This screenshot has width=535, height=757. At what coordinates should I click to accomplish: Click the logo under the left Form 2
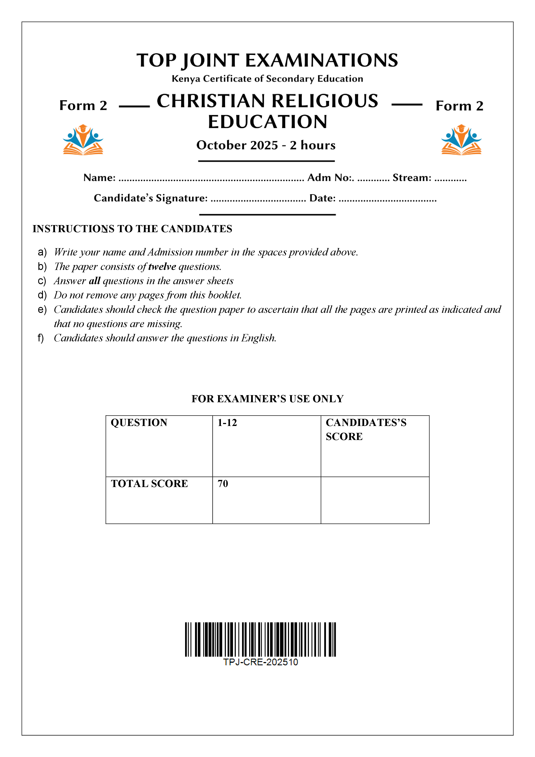tap(83, 140)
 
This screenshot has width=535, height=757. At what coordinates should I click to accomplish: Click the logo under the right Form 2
tap(461, 140)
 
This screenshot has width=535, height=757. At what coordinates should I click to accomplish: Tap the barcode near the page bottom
tap(260, 639)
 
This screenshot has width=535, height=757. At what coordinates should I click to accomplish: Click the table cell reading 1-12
tap(266, 446)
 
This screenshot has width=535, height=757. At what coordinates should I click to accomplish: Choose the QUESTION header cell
tap(159, 446)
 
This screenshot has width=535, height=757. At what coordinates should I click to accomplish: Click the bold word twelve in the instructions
tap(162, 267)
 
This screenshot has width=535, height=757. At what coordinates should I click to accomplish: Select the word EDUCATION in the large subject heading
tap(268, 122)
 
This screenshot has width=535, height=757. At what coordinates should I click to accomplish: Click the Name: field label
tap(99, 178)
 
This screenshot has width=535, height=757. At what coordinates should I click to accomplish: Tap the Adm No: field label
tap(331, 178)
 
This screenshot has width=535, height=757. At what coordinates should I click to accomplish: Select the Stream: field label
tap(412, 178)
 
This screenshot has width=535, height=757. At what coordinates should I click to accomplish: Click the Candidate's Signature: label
tap(151, 198)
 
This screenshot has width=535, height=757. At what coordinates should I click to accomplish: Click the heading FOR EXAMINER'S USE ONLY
tap(267, 399)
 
